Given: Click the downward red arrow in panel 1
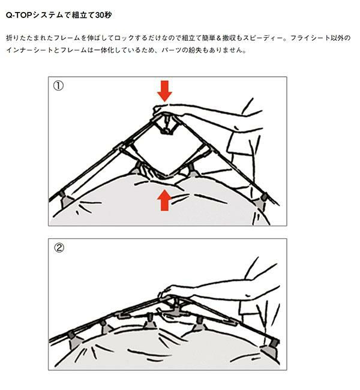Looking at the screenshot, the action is [164, 91].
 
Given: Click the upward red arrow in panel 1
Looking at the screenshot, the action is [164, 200].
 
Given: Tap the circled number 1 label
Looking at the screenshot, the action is [58, 86].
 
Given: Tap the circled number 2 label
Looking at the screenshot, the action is [59, 248].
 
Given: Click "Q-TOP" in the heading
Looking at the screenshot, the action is [19, 16].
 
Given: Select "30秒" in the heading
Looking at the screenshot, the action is [103, 16].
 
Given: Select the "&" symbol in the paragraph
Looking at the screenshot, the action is [218, 38].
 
